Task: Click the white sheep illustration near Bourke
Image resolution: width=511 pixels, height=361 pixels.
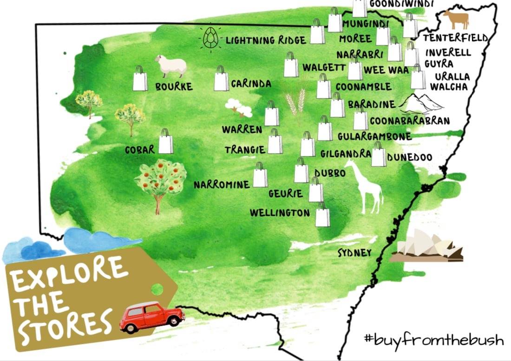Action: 173,66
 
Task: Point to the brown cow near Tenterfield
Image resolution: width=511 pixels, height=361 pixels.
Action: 456,20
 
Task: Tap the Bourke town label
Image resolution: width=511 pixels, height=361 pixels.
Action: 174,87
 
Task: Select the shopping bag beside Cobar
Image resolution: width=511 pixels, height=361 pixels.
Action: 166,142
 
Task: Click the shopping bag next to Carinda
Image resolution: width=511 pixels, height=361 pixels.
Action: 222,78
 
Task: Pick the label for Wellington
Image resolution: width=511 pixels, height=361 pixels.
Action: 280,213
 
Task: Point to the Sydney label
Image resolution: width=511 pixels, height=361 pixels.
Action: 354,253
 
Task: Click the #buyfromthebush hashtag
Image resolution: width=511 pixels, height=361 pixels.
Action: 434,340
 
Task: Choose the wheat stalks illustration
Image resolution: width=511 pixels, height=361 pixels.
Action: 296,103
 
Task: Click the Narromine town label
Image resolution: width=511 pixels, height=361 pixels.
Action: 222,185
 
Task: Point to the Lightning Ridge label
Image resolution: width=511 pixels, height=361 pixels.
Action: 266,40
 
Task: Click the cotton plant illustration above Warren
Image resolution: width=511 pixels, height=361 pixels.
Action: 239,108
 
